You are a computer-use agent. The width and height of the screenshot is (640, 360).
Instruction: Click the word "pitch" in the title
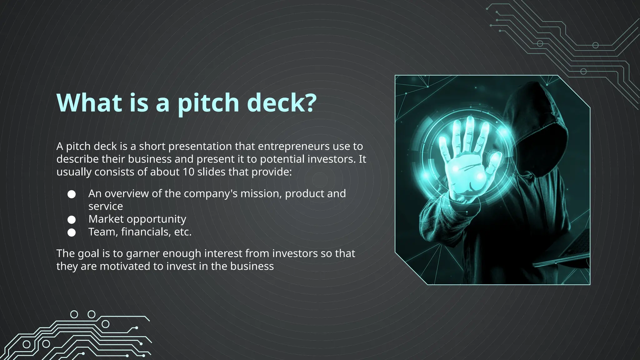(x=208, y=103)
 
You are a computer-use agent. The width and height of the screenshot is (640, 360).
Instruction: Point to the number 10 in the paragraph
(x=188, y=172)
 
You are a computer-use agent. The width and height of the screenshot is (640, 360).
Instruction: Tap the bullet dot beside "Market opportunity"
(x=72, y=220)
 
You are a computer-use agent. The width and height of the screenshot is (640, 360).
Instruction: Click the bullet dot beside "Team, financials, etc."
(x=72, y=232)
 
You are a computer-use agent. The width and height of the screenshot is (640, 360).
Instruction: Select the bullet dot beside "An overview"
(x=72, y=194)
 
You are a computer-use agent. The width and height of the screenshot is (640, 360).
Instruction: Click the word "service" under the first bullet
(x=106, y=207)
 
